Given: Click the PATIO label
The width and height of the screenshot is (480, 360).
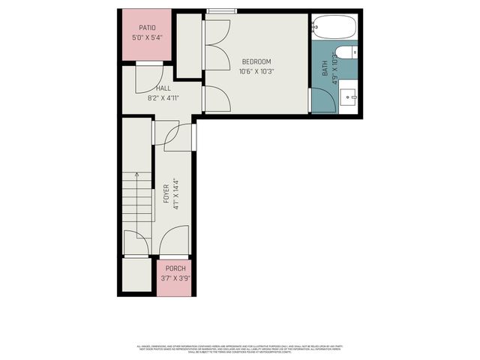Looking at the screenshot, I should tap(147, 27).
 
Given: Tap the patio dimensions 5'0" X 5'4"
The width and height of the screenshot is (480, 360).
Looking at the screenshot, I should tap(147, 37).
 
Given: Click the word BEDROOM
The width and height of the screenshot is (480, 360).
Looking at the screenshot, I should tap(256, 61).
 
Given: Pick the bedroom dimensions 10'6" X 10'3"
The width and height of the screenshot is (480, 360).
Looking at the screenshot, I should tap(256, 71).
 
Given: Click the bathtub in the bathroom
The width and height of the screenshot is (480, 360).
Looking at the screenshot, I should tap(334, 27).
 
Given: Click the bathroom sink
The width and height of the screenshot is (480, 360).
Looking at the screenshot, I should tap(348, 97).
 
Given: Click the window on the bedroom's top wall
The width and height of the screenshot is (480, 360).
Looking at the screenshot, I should tap(218, 11).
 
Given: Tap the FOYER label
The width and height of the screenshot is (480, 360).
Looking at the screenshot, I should tap(166, 193).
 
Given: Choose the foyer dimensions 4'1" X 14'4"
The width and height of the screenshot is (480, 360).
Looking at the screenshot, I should tap(175, 193).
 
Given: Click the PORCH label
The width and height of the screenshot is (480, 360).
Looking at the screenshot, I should tap(175, 268).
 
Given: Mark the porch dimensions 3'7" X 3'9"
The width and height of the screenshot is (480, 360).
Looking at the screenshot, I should tap(175, 278).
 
